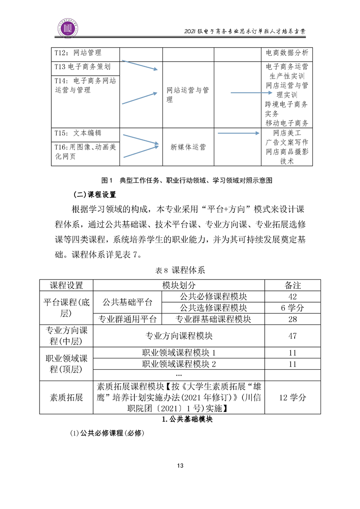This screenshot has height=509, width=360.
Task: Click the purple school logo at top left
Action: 69,28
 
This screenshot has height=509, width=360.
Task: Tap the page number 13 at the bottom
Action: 180,465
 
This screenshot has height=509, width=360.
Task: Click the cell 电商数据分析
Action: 287,53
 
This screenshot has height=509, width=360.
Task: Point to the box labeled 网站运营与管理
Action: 188,95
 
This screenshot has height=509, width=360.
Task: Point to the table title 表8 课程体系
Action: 180,270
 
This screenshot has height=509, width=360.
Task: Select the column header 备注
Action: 292,285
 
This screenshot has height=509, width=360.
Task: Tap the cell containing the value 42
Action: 292,297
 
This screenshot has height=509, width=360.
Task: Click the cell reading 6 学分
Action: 292,308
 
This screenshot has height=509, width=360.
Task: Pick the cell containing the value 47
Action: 292,336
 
